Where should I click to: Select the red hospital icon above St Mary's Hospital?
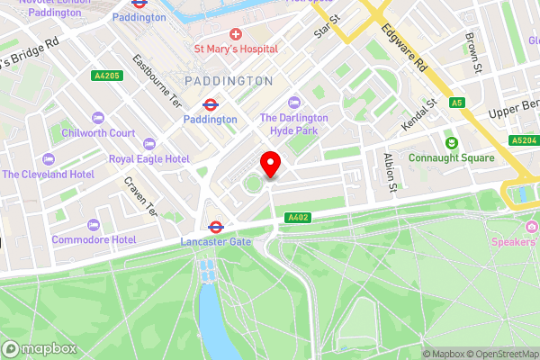[236, 32]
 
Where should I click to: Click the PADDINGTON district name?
[229, 81]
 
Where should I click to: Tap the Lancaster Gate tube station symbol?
[216, 228]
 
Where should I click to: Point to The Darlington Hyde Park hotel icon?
[294, 103]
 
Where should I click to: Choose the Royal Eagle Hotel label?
[148, 158]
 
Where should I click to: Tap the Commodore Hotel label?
[94, 239]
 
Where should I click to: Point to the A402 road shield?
[298, 218]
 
